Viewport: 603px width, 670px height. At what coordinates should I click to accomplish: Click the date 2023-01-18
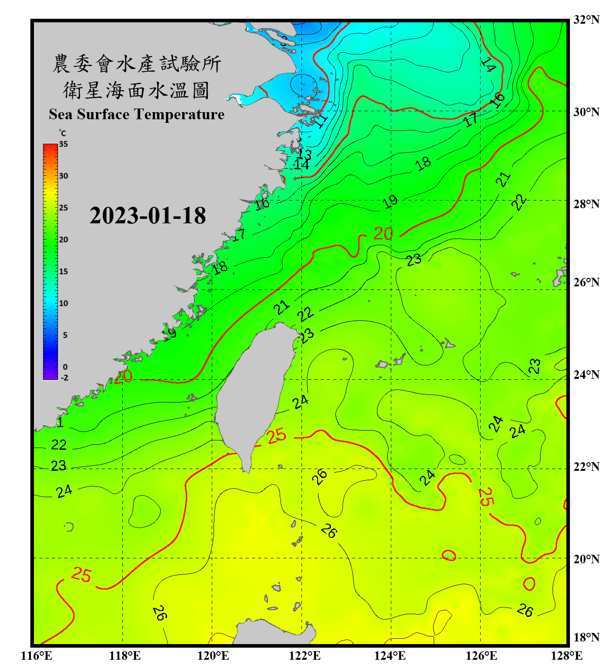point(147,216)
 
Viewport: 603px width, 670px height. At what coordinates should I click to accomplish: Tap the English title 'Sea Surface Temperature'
point(137,114)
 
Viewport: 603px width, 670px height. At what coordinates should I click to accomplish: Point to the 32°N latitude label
point(586,20)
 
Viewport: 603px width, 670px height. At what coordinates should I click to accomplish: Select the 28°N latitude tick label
point(586,204)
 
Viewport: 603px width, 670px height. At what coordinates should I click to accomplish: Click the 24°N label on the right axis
point(586,375)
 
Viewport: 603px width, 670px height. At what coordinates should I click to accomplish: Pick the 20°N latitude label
point(586,559)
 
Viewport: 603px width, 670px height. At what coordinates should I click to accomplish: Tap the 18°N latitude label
point(586,637)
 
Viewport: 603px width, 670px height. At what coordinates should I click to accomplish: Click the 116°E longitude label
point(37,656)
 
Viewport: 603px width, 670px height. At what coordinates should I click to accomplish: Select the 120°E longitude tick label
point(213,656)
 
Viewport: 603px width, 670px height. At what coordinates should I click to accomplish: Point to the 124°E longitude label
point(390,656)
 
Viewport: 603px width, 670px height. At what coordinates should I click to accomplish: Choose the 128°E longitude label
point(566,656)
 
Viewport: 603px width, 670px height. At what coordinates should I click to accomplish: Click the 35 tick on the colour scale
point(63,144)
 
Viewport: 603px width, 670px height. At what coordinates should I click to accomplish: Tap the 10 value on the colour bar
point(63,303)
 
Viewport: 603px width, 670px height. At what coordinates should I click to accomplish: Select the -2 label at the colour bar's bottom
point(64,378)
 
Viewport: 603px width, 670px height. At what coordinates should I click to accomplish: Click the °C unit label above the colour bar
point(62,133)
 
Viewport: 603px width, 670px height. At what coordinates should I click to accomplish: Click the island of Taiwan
point(252,393)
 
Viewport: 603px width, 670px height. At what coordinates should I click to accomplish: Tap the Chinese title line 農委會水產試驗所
point(137,63)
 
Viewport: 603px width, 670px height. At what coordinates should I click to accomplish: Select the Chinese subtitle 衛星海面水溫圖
point(137,90)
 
